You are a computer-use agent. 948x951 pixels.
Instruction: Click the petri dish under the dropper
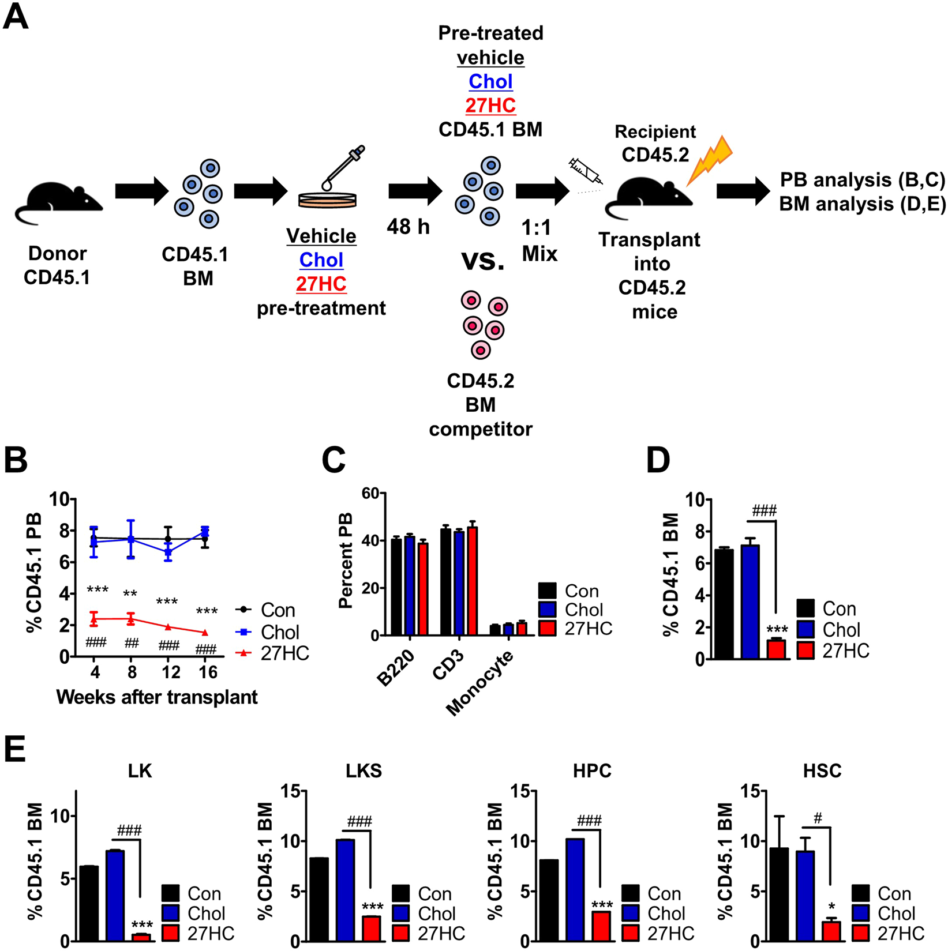(327, 200)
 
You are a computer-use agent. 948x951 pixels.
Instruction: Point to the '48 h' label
(408, 227)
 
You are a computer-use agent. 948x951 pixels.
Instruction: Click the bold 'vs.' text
(482, 261)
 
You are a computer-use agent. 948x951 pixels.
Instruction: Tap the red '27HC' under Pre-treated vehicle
(490, 106)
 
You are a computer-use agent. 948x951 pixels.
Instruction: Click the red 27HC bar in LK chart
(141, 937)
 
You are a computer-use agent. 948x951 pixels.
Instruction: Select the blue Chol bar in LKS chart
(345, 890)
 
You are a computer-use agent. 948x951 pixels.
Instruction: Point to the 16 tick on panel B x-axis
(208, 672)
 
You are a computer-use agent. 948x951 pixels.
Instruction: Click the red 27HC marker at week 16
(205, 633)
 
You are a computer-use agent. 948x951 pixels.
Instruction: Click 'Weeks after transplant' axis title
(157, 697)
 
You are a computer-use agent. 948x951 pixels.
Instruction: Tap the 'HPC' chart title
(592, 771)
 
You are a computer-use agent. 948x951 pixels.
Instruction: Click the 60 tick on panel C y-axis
(370, 493)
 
